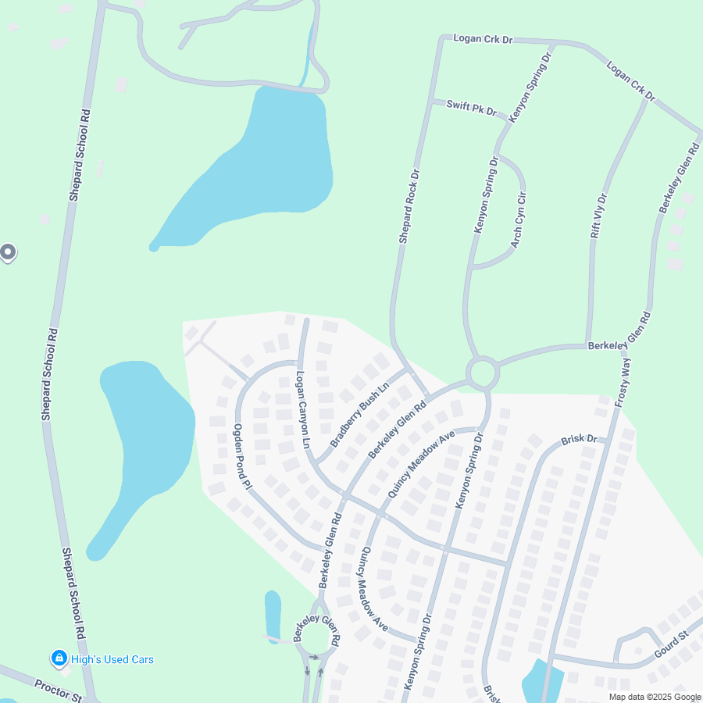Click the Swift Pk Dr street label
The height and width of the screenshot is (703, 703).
coord(471,107)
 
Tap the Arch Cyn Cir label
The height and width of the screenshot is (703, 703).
coord(518,219)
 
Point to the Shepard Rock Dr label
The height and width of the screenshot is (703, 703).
coord(409,206)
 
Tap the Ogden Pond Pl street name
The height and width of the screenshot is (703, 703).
coord(241,457)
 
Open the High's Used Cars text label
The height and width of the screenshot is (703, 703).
coord(112,659)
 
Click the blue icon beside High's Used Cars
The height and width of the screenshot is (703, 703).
coord(59,658)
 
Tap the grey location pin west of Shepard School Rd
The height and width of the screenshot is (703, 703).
coord(8,252)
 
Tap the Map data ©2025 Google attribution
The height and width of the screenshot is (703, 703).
coord(655,697)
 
